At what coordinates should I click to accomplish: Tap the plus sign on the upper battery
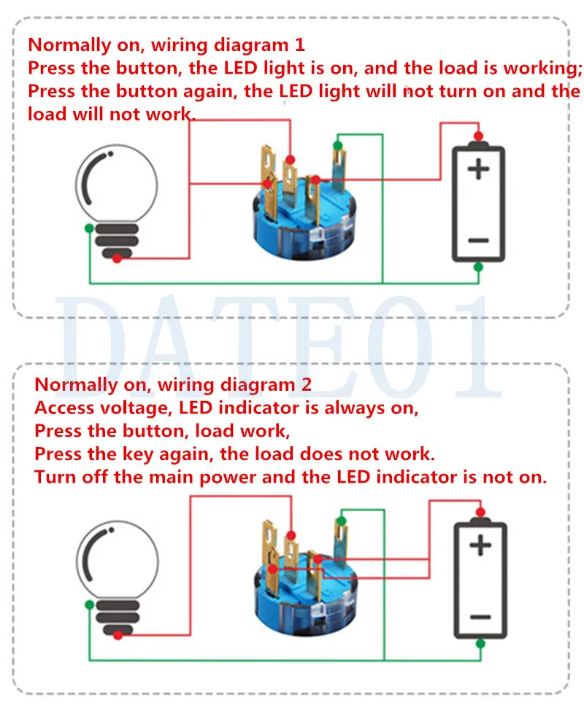pyautogui.click(x=479, y=170)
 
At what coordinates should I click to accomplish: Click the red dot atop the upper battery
pyautogui.click(x=478, y=136)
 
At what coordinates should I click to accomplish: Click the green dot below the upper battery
pyautogui.click(x=478, y=268)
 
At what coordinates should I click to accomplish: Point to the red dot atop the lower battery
pyautogui.click(x=480, y=511)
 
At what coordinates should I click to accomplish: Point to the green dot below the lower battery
pyautogui.click(x=480, y=643)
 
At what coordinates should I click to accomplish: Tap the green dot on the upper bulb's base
pyautogui.click(x=89, y=228)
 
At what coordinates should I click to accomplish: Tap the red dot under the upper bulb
pyautogui.click(x=117, y=257)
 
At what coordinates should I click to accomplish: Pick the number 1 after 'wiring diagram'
pyautogui.click(x=299, y=44)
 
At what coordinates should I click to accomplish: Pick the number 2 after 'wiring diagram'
pyautogui.click(x=307, y=384)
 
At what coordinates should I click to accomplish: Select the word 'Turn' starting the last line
pyautogui.click(x=53, y=478)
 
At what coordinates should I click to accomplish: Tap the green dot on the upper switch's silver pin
pyautogui.click(x=337, y=146)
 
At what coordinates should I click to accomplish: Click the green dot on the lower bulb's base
pyautogui.click(x=89, y=604)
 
